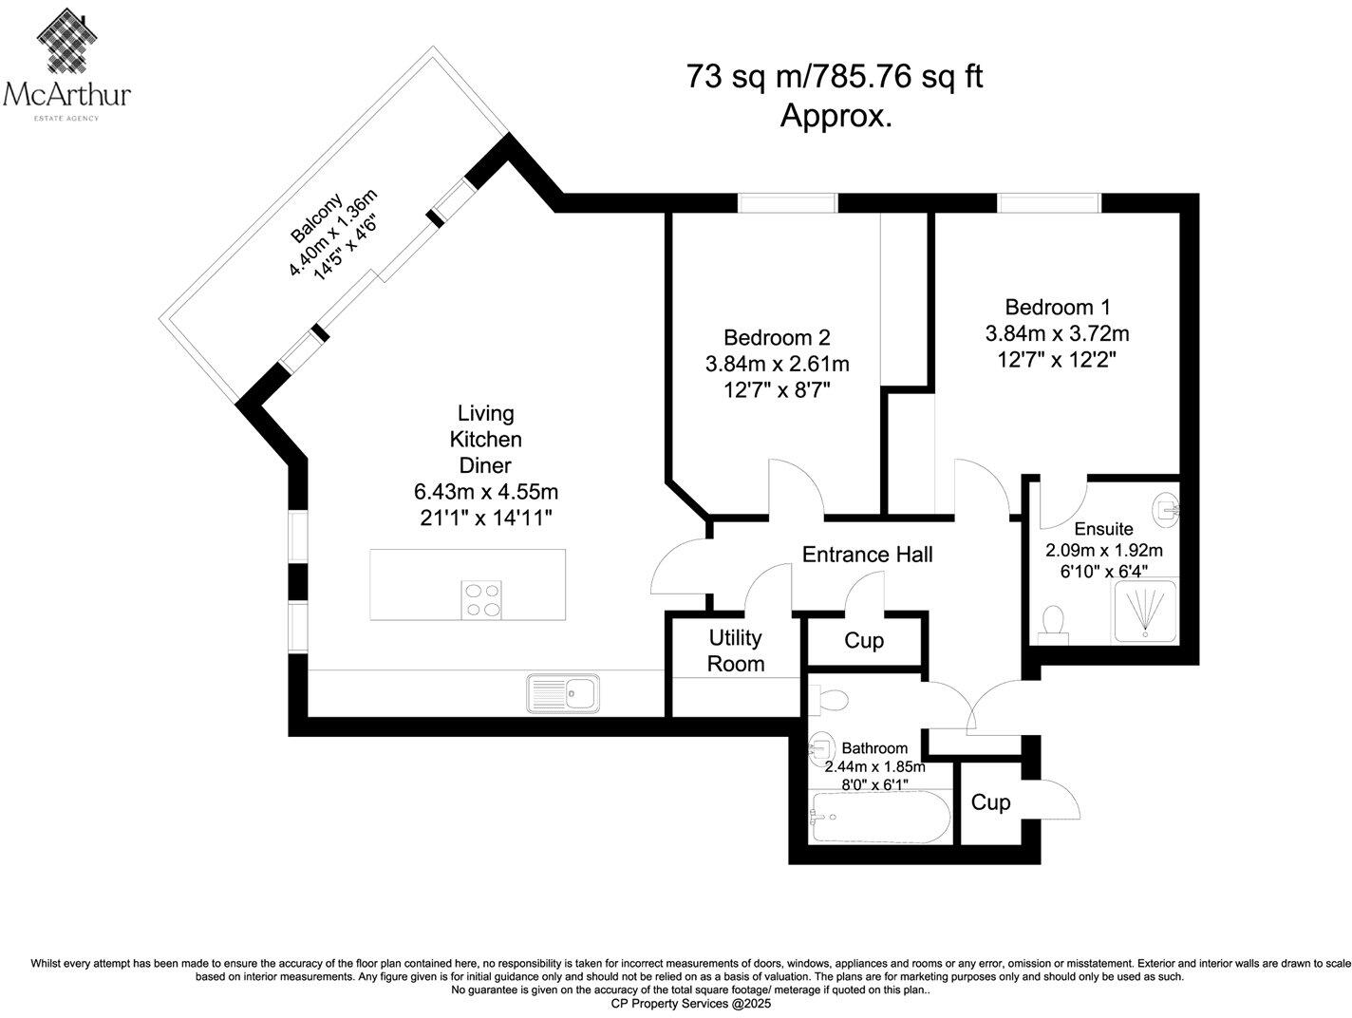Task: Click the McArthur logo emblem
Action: click(x=66, y=38)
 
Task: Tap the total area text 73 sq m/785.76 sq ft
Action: click(x=834, y=76)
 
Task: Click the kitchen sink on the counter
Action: click(x=562, y=693)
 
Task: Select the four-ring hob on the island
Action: click(x=481, y=599)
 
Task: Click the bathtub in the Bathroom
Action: click(x=878, y=816)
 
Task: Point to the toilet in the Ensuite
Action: click(x=1052, y=624)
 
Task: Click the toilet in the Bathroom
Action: click(x=829, y=701)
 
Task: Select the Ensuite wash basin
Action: click(x=1168, y=510)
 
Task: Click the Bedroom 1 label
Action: click(x=1057, y=308)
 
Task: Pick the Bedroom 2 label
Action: click(x=777, y=337)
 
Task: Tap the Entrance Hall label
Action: click(x=867, y=555)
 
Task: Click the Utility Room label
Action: click(x=735, y=650)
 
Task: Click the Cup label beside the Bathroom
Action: click(x=990, y=802)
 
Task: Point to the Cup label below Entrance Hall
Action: click(x=864, y=641)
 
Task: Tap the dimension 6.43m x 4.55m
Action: click(x=485, y=492)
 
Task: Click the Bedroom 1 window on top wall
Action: click(x=1048, y=202)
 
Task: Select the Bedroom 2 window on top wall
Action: click(x=787, y=202)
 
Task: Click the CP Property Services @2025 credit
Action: click(x=690, y=1003)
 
